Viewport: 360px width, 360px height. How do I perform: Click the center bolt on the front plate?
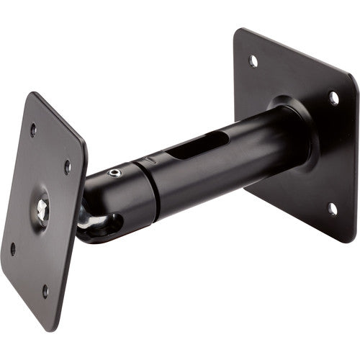(x=42, y=208)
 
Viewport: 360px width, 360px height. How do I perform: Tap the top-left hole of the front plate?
(x=33, y=130)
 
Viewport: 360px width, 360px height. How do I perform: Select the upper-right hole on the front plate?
(x=68, y=167)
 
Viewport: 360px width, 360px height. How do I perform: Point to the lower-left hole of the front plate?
(x=13, y=249)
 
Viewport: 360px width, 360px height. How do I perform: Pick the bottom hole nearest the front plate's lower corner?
(x=45, y=290)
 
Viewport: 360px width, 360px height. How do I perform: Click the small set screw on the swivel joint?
(x=114, y=173)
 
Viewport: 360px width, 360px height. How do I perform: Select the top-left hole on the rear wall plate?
(x=253, y=60)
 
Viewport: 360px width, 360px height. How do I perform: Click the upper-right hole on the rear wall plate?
(x=333, y=97)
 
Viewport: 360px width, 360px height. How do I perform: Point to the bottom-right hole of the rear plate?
(x=332, y=209)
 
